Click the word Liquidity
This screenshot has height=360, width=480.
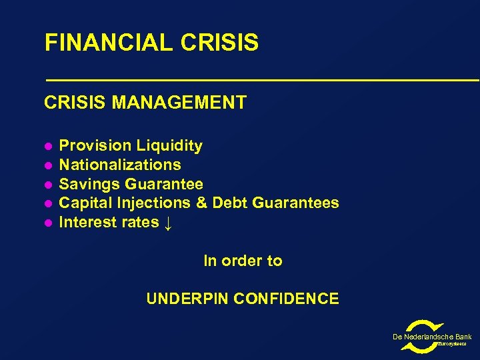[169, 145]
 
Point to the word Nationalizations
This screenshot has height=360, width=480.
[120, 165]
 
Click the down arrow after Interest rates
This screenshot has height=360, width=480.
[168, 223]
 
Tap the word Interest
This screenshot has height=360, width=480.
[85, 222]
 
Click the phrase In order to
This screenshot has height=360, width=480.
[243, 261]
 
